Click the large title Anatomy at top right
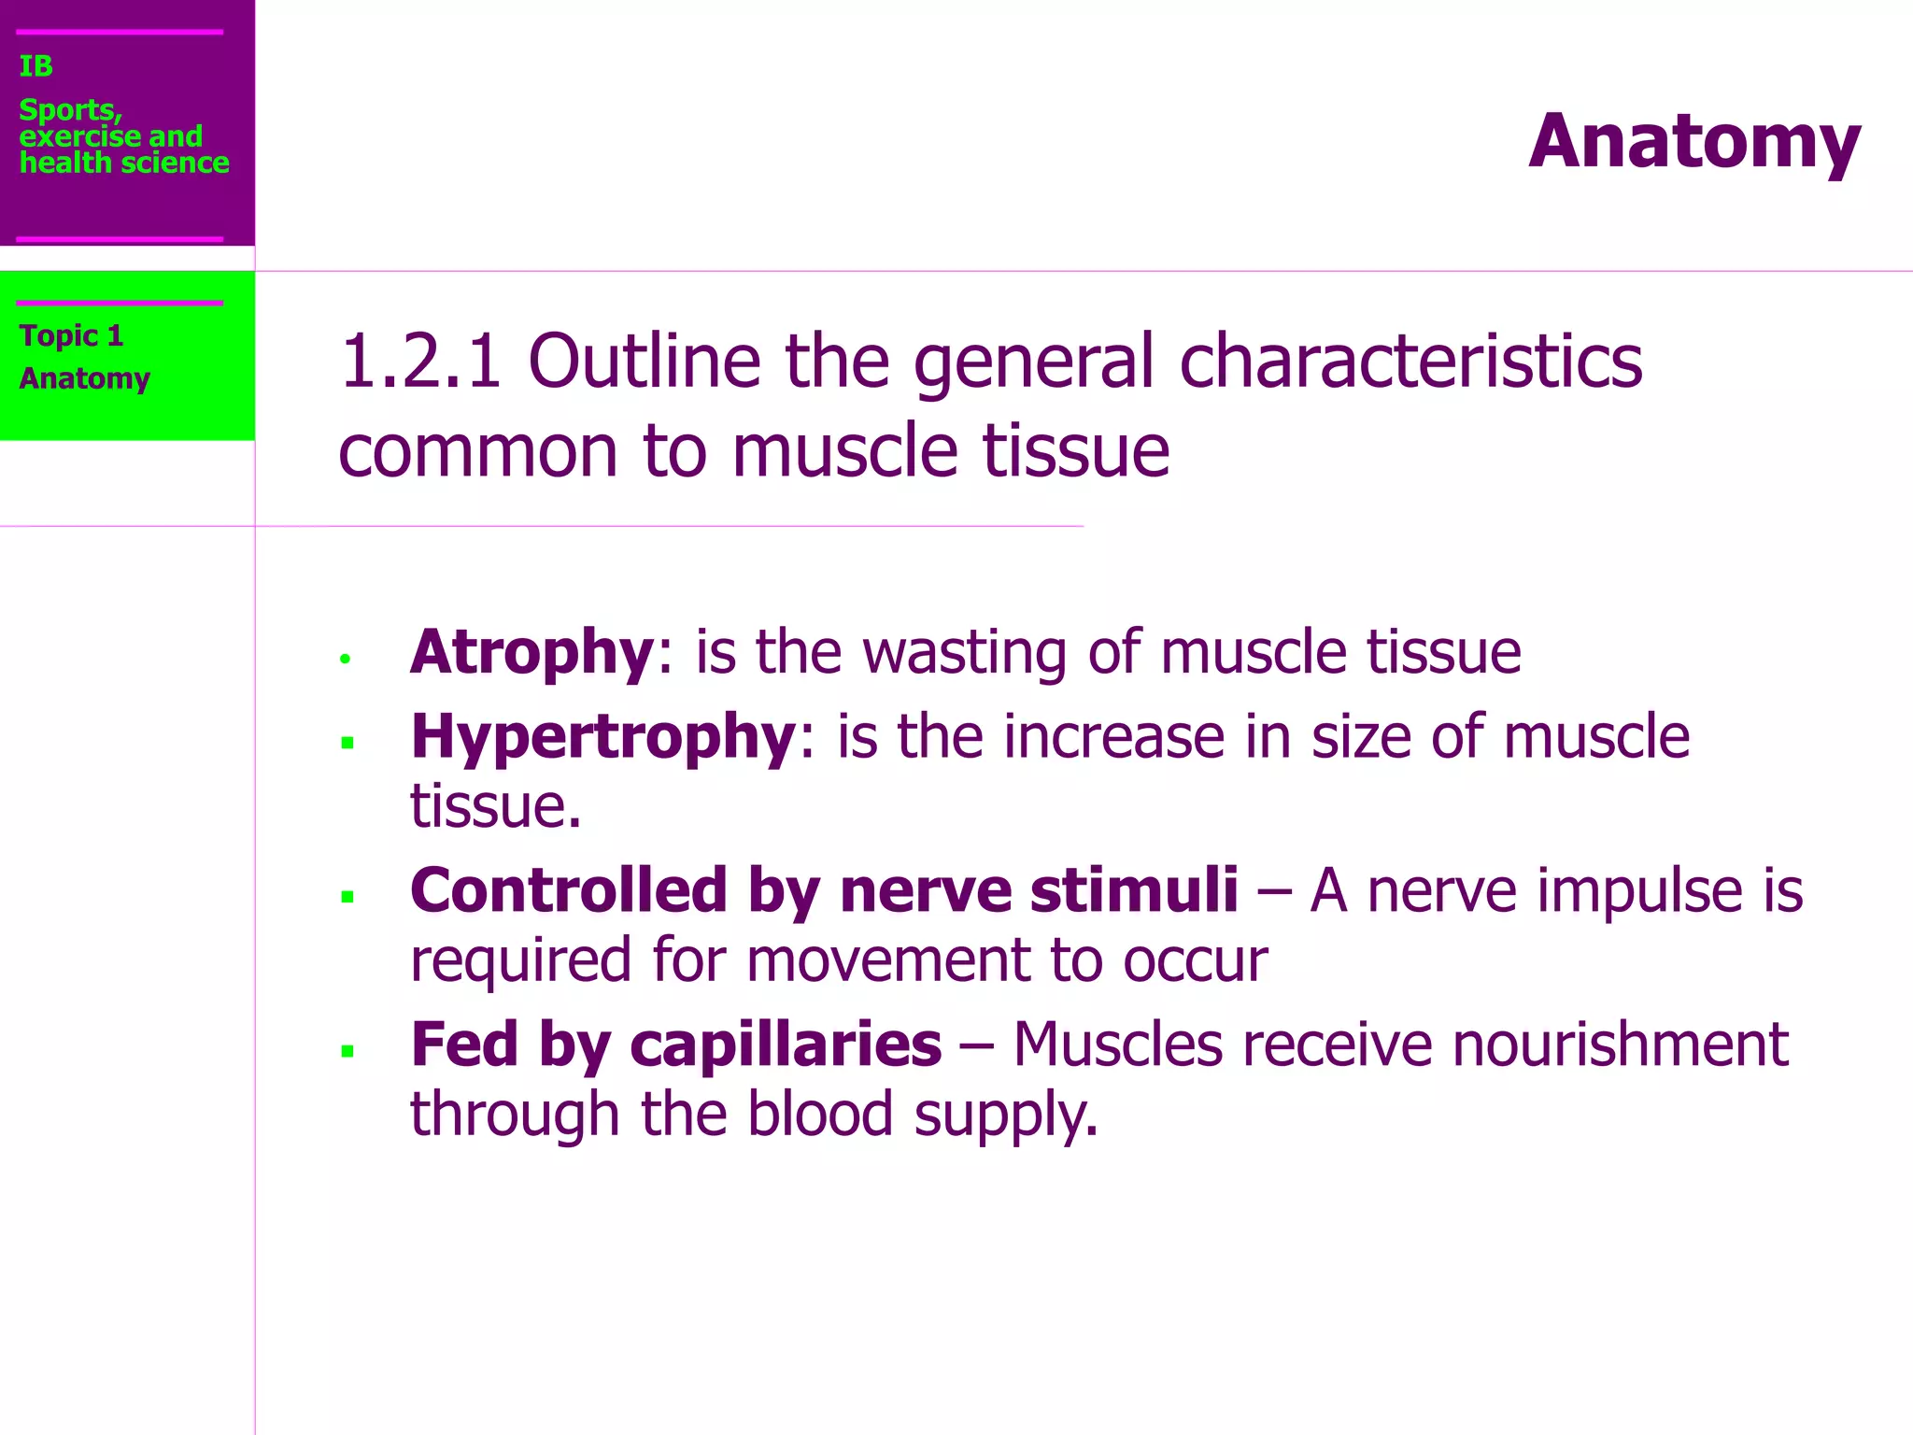click(x=1694, y=142)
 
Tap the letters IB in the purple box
click(x=35, y=66)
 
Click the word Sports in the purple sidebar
click(x=69, y=110)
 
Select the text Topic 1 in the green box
click(x=71, y=335)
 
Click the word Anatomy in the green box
click(x=84, y=378)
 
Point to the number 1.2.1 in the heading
click(x=420, y=362)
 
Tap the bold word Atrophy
click(x=532, y=652)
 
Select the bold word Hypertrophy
click(x=603, y=737)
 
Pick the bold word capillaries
click(x=786, y=1044)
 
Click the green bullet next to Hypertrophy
click(x=347, y=744)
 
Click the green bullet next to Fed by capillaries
click(x=347, y=1052)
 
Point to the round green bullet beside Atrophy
click(x=345, y=660)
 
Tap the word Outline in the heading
click(x=645, y=362)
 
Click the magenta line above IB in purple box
click(x=120, y=32)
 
